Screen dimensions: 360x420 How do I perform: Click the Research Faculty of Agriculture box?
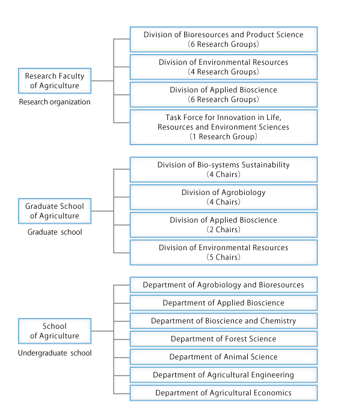tap(55, 81)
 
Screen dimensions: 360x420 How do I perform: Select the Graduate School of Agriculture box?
tap(55, 211)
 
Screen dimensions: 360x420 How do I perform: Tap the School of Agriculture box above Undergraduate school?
tap(55, 331)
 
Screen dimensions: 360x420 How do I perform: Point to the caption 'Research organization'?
tap(55, 102)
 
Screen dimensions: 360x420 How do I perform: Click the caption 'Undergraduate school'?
tap(55, 353)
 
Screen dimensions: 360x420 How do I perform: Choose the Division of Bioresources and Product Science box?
tap(224, 40)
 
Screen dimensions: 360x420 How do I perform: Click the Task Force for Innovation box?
tap(224, 127)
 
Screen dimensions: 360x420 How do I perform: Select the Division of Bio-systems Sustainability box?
tap(224, 170)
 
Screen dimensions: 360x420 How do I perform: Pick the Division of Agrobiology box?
tap(224, 197)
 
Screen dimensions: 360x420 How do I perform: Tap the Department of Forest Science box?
tap(224, 339)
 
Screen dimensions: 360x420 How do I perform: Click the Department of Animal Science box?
tap(224, 357)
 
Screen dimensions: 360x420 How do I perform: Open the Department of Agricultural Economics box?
tap(224, 393)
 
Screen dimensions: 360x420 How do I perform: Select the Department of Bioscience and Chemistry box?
tap(224, 321)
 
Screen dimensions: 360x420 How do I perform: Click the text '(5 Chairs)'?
tap(224, 257)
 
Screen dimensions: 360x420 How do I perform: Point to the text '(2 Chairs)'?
tap(224, 230)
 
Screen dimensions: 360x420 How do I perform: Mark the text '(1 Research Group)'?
tap(224, 137)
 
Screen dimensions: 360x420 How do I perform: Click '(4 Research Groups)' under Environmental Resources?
tap(224, 72)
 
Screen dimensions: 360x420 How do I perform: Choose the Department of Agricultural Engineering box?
tap(224, 375)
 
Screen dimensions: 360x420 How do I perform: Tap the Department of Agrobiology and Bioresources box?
tap(224, 285)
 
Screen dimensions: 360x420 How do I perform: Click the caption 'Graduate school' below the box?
tap(55, 232)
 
